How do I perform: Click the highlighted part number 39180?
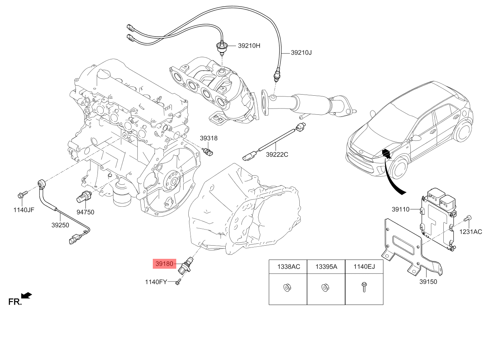click(164, 264)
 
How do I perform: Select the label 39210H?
click(249, 46)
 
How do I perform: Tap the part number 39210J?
click(301, 53)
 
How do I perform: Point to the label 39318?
click(208, 138)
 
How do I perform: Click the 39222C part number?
click(277, 154)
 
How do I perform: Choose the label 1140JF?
click(24, 210)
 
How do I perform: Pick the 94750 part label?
click(85, 212)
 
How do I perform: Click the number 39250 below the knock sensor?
click(60, 225)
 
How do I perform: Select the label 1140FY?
click(156, 282)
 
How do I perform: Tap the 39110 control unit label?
click(400, 209)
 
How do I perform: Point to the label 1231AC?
click(471, 232)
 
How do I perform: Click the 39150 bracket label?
click(428, 282)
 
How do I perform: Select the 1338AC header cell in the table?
click(288, 267)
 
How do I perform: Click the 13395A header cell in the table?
click(326, 267)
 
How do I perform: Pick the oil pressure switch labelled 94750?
click(84, 197)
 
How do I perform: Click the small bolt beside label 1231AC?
click(467, 219)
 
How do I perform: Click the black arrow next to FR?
click(26, 295)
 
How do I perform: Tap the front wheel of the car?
click(398, 168)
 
